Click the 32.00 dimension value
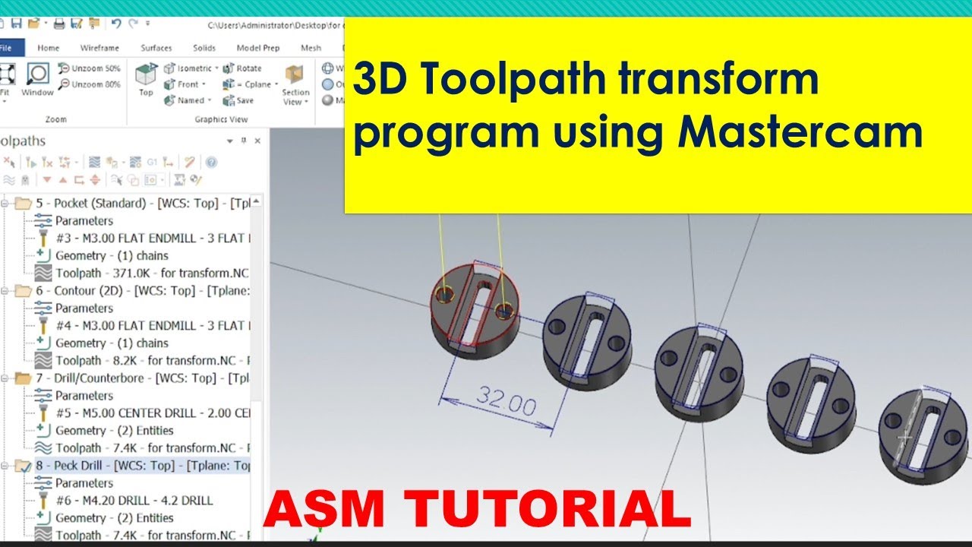pyautogui.click(x=507, y=401)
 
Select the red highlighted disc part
pyautogui.click(x=475, y=311)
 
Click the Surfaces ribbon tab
pyautogui.click(x=156, y=48)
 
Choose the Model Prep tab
pyautogui.click(x=258, y=48)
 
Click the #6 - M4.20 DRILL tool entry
pyautogui.click(x=134, y=501)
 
